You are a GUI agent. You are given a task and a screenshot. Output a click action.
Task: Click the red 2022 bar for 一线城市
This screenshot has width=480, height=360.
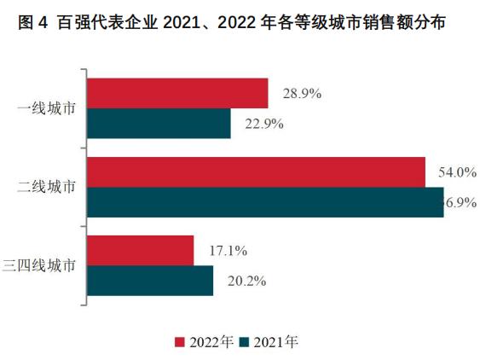177,94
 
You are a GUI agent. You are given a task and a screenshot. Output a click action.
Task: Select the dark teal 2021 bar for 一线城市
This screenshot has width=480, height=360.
159,124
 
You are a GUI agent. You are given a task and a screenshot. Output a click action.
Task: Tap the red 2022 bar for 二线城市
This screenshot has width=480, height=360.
256,172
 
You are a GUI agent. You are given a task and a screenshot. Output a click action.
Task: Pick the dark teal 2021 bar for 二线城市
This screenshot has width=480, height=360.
265,202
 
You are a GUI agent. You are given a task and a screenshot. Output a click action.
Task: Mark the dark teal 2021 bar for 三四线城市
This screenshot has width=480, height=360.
150,281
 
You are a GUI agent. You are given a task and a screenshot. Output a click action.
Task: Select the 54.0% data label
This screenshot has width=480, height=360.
456,172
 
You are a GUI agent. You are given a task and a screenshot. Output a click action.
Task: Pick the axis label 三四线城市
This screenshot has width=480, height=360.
44,265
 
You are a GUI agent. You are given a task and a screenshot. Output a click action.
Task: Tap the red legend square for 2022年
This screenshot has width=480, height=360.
181,342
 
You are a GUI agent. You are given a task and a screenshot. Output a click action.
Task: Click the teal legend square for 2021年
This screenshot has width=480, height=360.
244,342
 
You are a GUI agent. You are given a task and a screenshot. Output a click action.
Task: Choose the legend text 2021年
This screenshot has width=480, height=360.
275,342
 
